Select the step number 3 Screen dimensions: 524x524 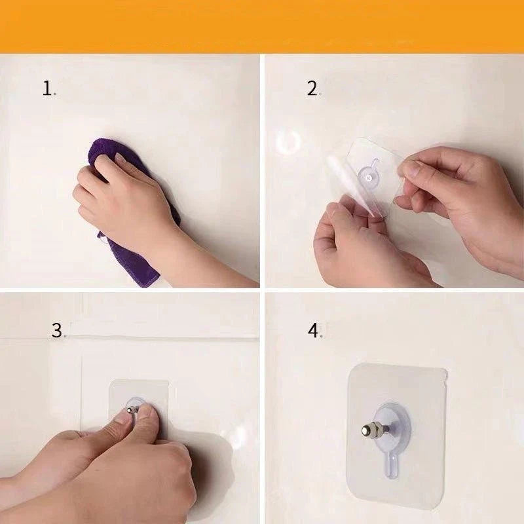[57, 330]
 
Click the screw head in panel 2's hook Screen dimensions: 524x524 [369, 178]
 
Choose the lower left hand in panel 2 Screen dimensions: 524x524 [361, 248]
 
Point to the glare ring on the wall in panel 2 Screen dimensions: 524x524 [288, 142]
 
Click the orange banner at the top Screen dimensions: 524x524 [262, 26]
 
